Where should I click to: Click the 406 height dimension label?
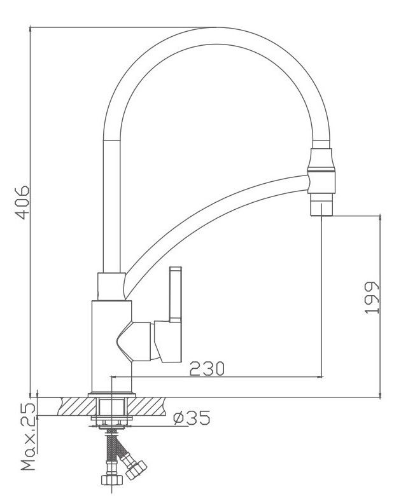23,202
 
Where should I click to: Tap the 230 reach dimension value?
206,368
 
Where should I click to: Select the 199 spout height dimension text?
372,298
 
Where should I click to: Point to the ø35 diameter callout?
192,418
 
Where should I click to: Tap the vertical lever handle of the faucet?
176,295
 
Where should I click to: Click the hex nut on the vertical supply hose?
111,480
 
